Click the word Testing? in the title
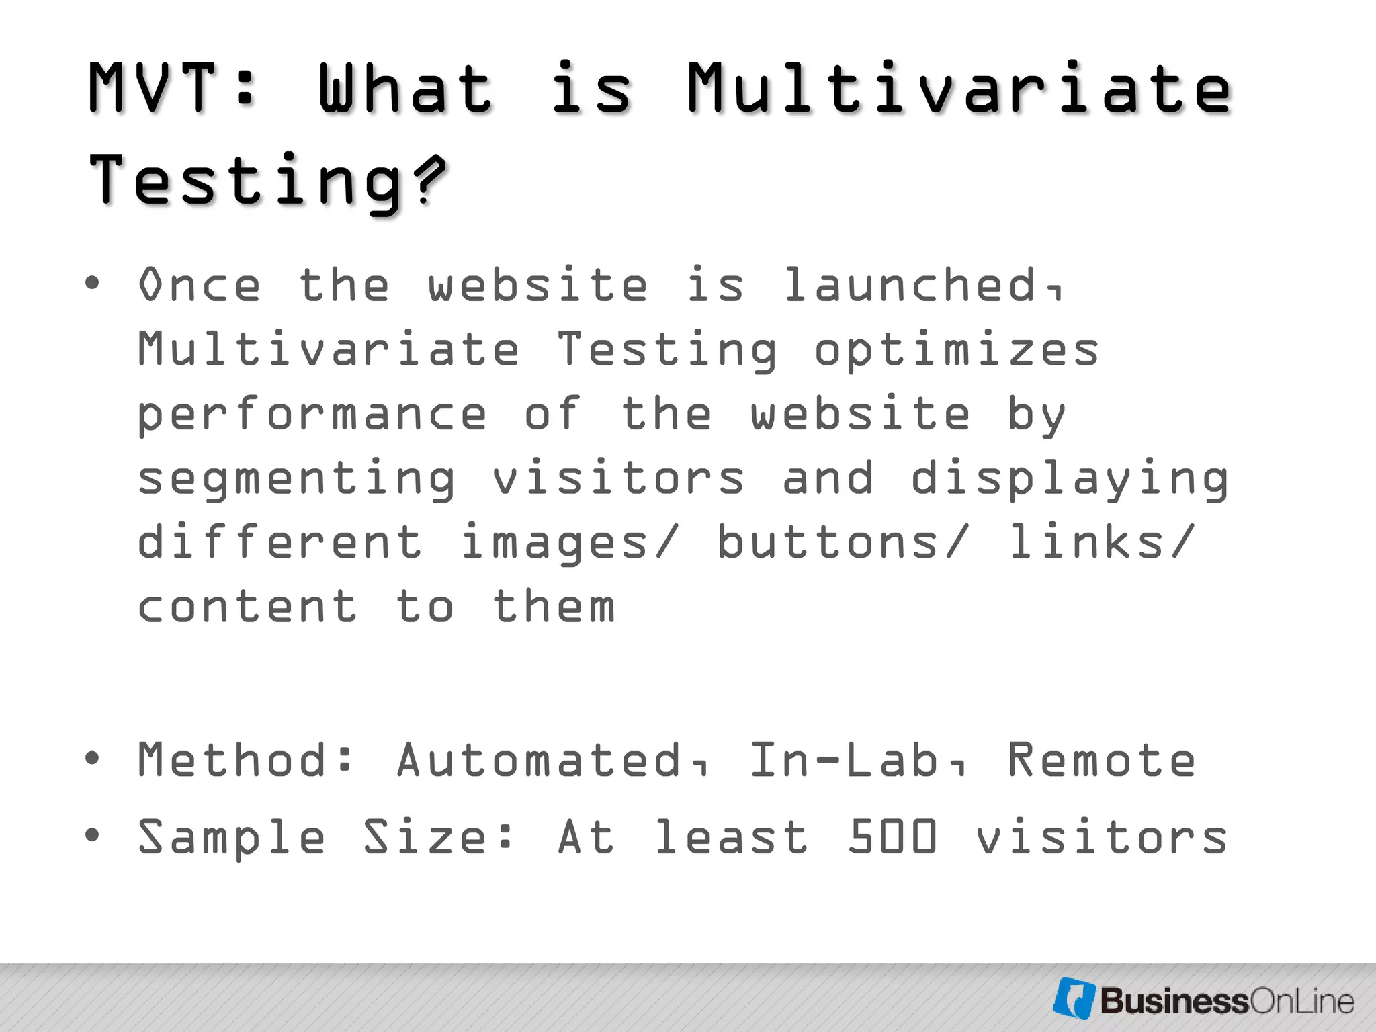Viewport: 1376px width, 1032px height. click(x=267, y=180)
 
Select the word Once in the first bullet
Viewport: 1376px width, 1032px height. click(x=200, y=286)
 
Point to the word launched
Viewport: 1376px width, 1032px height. click(x=922, y=286)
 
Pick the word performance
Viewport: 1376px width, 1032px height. click(x=312, y=415)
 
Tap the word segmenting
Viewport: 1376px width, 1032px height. click(x=296, y=480)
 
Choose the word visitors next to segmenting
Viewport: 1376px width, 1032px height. click(x=618, y=478)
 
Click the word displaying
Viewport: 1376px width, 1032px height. click(x=1070, y=480)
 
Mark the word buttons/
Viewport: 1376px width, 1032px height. click(x=844, y=542)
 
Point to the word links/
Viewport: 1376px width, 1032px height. click(x=1102, y=542)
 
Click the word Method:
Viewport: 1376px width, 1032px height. click(x=246, y=760)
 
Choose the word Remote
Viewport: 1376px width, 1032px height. click(x=1101, y=760)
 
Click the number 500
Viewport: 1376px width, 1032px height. click(x=892, y=837)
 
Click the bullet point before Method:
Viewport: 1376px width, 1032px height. click(x=92, y=759)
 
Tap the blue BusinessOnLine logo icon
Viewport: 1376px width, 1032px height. click(x=1074, y=998)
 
